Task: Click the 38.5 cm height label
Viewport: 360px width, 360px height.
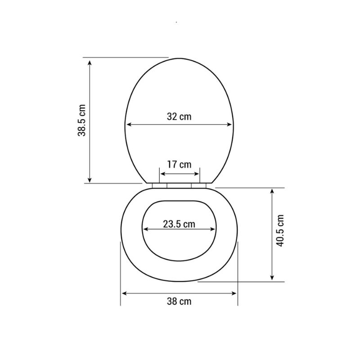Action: coord(81,120)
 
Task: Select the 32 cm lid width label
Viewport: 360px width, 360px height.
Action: coord(179,117)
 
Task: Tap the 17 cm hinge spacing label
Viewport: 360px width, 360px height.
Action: coord(179,164)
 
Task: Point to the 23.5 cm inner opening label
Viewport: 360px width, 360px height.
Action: coord(179,224)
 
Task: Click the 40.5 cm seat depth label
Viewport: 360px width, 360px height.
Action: coord(280,230)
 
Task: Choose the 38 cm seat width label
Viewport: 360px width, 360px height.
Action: coord(179,301)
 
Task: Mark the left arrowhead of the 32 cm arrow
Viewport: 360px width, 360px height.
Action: coord(128,126)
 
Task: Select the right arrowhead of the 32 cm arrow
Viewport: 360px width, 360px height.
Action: coord(231,126)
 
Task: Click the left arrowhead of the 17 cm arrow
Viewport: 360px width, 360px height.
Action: coord(163,174)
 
